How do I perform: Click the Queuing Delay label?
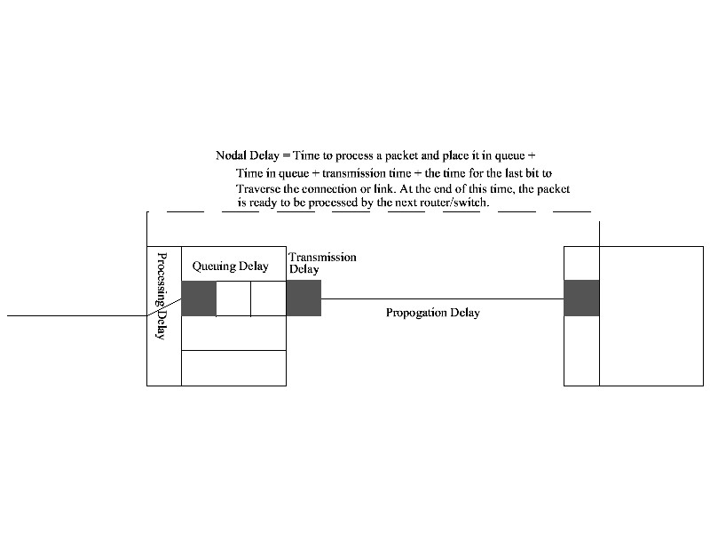point(230,266)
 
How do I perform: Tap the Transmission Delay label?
point(322,262)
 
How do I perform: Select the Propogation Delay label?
point(432,313)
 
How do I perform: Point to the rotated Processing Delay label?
point(162,296)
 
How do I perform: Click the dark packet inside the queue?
point(199,298)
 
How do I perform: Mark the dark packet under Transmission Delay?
point(304,298)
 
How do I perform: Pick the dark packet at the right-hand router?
point(581,298)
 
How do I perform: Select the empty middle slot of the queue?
point(233,298)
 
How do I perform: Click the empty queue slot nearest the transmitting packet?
point(268,298)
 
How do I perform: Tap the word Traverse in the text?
point(258,188)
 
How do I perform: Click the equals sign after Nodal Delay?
point(286,155)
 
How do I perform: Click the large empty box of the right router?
point(651,315)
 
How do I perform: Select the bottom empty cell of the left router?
point(233,368)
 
